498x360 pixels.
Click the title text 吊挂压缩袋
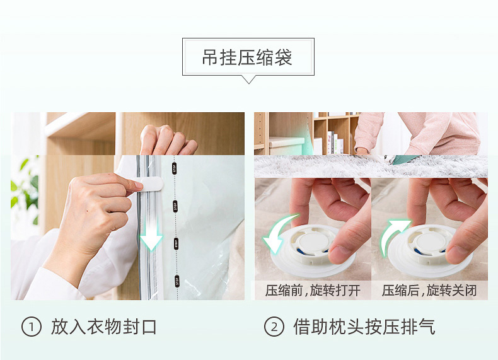tap(247, 57)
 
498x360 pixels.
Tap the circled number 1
tap(32, 327)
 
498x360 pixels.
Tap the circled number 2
tap(274, 327)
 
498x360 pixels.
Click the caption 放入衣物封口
tap(103, 327)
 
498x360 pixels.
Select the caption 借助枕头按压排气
tap(364, 327)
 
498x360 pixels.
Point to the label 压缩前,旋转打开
tap(313, 291)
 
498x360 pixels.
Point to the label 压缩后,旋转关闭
tap(429, 291)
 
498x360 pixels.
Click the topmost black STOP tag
tap(174, 168)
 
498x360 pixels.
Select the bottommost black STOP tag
tap(177, 281)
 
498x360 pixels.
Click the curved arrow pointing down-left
tap(278, 233)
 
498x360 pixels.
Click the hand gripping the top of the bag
tap(168, 140)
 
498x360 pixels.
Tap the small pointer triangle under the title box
tap(248, 79)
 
